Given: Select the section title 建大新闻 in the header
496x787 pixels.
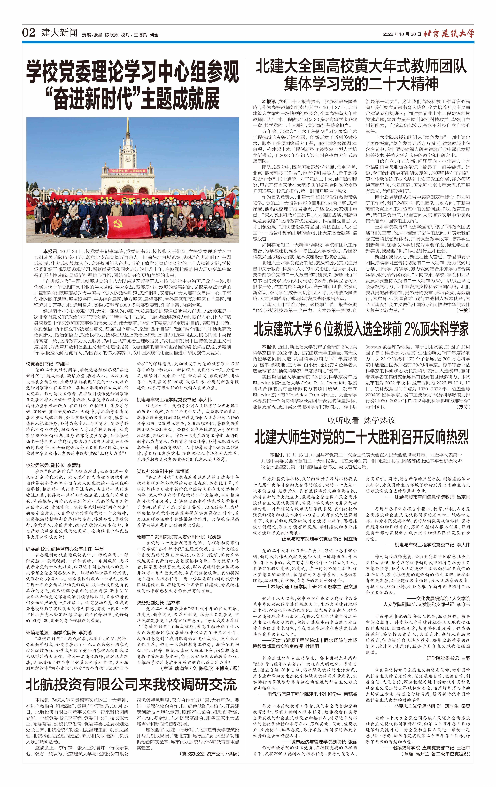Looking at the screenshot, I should [x=59, y=33].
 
